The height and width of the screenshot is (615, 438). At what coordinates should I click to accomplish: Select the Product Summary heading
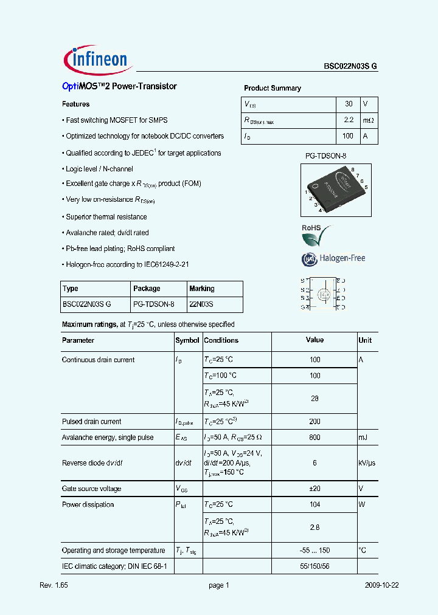(x=272, y=88)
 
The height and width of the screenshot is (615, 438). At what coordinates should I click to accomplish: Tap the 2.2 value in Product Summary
(x=349, y=121)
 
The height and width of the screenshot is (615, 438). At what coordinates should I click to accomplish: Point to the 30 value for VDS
(x=349, y=104)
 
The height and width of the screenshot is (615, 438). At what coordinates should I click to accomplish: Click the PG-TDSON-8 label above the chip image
(x=325, y=156)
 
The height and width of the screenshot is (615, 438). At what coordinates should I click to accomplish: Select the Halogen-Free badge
(x=333, y=259)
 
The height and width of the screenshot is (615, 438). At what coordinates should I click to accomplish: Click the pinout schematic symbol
(x=323, y=294)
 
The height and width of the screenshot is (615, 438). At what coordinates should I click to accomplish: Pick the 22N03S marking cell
(x=201, y=304)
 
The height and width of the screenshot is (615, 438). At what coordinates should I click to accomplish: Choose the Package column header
(x=147, y=289)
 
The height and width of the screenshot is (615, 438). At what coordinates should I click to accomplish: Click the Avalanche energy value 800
(x=315, y=438)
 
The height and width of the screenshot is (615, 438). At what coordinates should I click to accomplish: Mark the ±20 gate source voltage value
(x=315, y=489)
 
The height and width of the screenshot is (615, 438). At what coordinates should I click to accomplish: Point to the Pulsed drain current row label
(x=91, y=422)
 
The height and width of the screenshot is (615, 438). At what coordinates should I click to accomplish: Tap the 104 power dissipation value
(x=315, y=504)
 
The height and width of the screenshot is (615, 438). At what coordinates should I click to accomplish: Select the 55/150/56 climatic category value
(x=315, y=566)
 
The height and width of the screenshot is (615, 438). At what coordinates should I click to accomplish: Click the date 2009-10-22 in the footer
(x=382, y=585)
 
